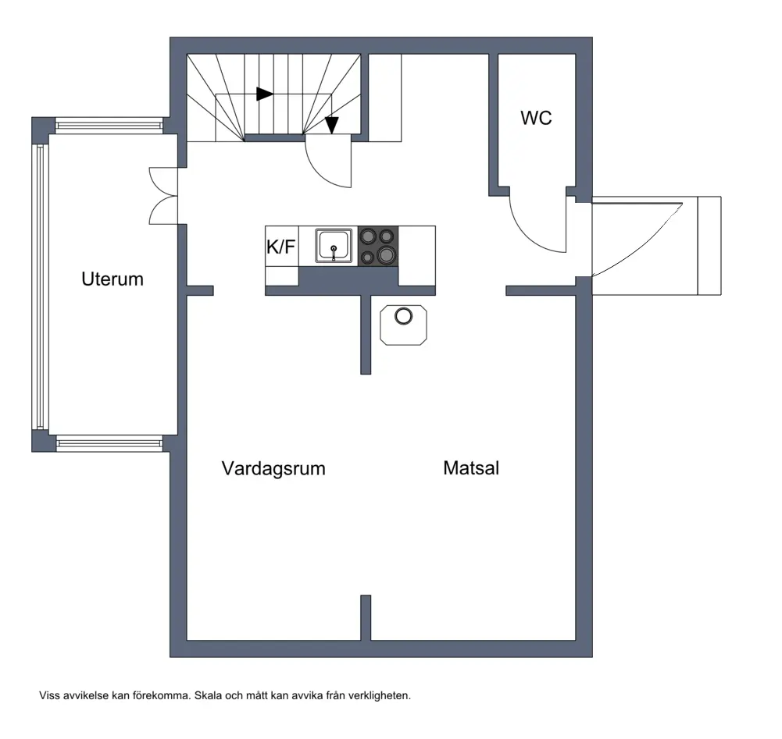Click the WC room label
click(x=536, y=118)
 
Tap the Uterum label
click(x=112, y=279)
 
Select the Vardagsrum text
click(x=273, y=468)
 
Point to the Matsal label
click(x=471, y=468)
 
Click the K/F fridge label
click(x=280, y=247)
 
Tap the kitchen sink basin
click(x=334, y=245)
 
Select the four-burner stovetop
click(x=378, y=246)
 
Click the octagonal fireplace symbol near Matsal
click(x=403, y=325)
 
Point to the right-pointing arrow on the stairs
click(x=265, y=94)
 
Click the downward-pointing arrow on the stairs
click(x=332, y=125)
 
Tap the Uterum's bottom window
click(x=109, y=443)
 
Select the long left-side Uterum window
click(x=40, y=287)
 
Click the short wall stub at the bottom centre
click(x=366, y=617)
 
